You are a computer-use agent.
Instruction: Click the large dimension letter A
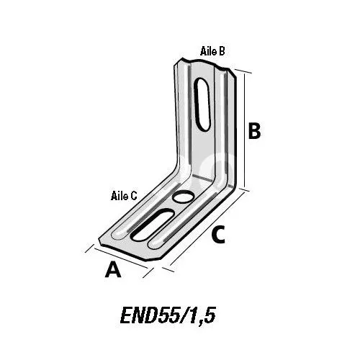tap(113, 270)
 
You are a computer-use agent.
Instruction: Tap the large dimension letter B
tap(254, 131)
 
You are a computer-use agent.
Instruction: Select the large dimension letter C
tap(218, 235)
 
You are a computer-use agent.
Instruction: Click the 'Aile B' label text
tap(212, 51)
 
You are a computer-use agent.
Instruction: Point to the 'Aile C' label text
tap(124, 196)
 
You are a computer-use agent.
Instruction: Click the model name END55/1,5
tap(168, 315)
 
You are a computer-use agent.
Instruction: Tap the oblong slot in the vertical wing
tap(202, 104)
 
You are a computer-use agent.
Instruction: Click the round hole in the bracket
tap(184, 197)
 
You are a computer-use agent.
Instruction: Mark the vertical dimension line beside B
tap(245, 131)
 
